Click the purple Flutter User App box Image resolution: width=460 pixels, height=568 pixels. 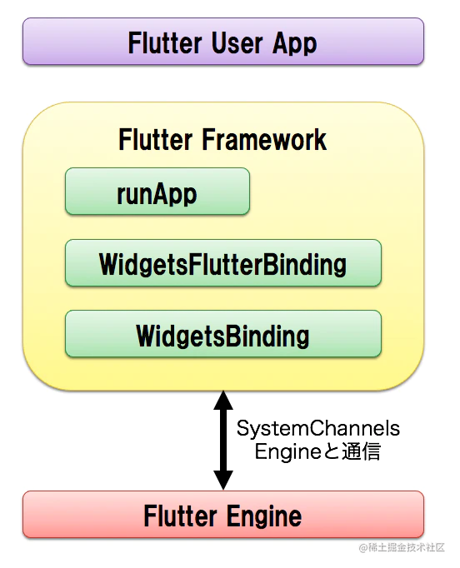point(222,42)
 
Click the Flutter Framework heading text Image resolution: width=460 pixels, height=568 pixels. point(222,139)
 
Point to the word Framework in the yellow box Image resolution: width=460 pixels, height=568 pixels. point(265,139)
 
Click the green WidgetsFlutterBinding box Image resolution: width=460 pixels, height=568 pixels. point(222,264)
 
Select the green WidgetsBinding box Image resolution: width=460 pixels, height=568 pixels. point(222,335)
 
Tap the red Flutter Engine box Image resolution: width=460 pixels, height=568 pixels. point(222,515)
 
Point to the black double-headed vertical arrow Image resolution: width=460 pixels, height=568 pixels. point(222,441)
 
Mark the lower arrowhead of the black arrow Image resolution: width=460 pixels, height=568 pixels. point(222,479)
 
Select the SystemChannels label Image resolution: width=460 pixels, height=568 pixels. point(318,429)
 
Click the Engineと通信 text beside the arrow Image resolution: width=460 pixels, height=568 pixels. point(317,452)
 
